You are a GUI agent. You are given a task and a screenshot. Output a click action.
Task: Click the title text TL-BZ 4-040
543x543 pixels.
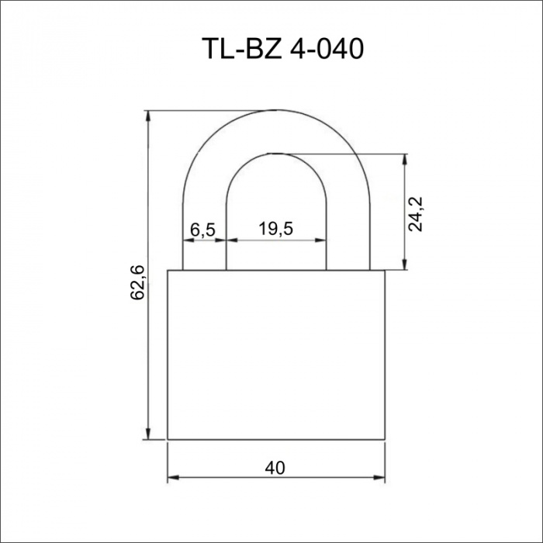tap(282, 48)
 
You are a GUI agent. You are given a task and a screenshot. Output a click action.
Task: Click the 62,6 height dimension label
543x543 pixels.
tap(137, 282)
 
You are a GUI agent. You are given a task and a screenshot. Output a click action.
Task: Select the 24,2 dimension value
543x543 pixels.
tap(416, 214)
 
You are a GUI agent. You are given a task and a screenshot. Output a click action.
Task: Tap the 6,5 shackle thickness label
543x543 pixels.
tap(203, 230)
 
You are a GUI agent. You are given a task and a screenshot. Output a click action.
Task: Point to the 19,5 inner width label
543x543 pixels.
tap(275, 229)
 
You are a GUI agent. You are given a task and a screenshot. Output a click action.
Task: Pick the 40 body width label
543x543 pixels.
tap(275, 469)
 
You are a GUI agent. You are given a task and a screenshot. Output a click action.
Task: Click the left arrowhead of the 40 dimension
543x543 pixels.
tap(173, 478)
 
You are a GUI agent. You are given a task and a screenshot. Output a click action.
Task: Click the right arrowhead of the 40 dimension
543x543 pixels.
tap(379, 478)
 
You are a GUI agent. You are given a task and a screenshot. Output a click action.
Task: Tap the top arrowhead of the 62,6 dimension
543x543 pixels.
tap(148, 116)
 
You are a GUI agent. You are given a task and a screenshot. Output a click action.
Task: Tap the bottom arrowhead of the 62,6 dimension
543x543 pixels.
tap(148, 434)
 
